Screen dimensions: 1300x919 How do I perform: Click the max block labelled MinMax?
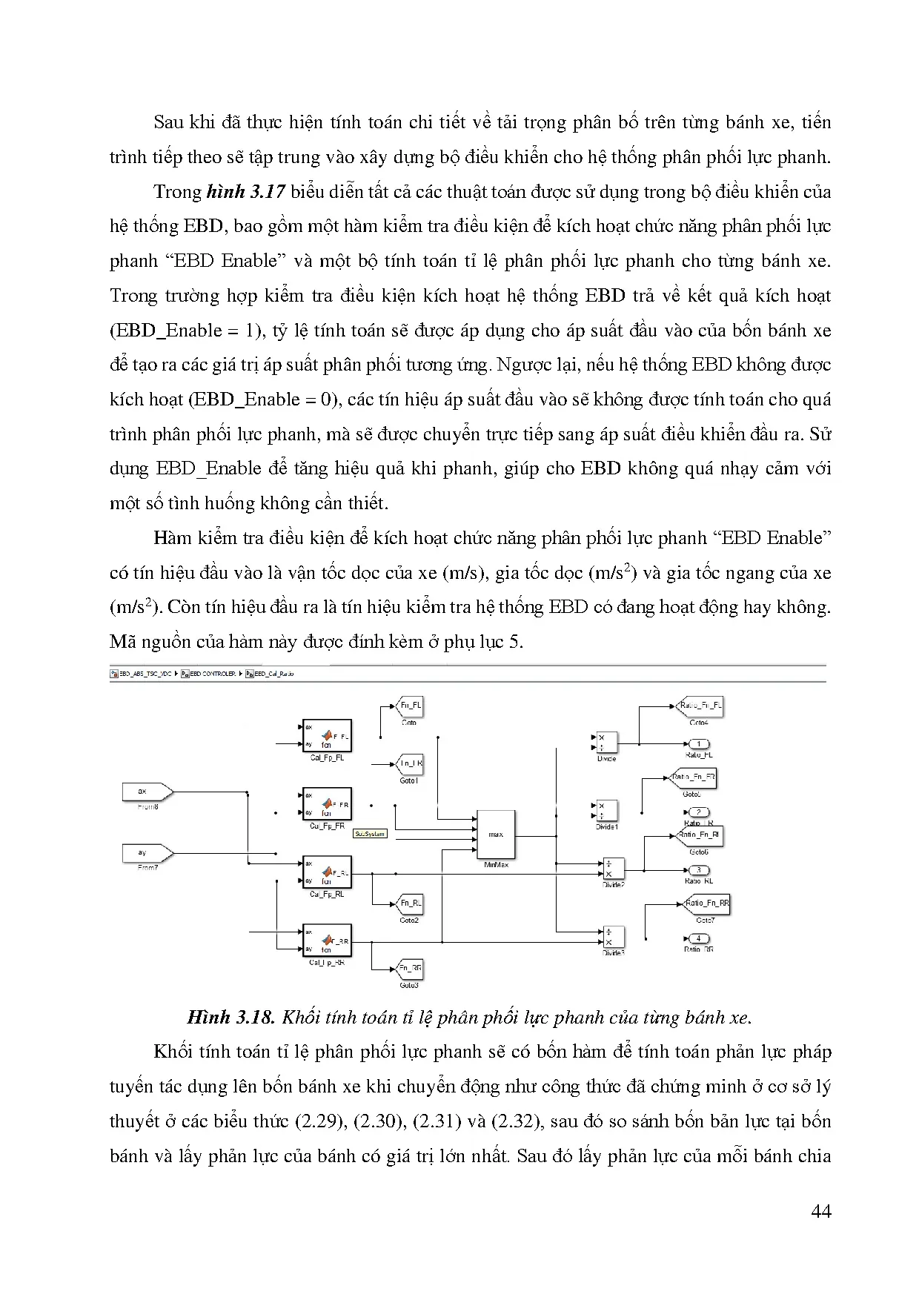496,835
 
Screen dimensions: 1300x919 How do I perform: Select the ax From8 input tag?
147,792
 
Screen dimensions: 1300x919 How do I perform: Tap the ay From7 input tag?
147,853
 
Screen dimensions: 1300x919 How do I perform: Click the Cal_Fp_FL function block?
327,737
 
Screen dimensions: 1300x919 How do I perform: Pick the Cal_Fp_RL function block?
327,873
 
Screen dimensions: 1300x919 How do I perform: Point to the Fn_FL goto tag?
410,706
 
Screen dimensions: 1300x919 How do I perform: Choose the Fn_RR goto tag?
410,968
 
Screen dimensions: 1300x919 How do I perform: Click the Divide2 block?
613,869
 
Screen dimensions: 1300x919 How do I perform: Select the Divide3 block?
613,937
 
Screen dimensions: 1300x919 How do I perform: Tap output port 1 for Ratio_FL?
698,744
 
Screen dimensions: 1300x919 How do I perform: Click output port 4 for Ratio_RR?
698,939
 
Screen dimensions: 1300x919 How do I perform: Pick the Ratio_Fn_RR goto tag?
706,903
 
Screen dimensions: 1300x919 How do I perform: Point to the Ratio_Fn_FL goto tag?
700,706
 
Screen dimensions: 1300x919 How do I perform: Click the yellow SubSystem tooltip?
370,834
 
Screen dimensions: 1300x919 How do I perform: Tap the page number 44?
821,1212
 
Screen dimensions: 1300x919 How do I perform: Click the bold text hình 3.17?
245,192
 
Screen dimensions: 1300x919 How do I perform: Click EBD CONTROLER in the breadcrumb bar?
213,674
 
